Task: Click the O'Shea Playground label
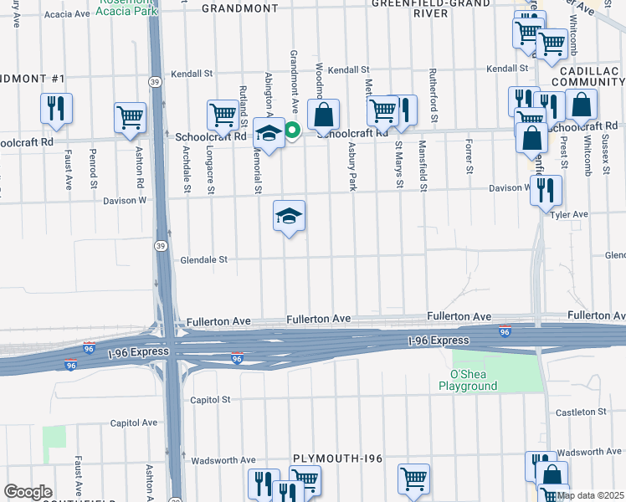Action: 469,380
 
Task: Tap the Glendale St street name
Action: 204,260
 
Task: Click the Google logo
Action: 28,492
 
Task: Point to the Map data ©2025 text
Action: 589,495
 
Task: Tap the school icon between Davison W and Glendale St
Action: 290,217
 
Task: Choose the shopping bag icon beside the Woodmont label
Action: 322,115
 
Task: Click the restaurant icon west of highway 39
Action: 56,108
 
